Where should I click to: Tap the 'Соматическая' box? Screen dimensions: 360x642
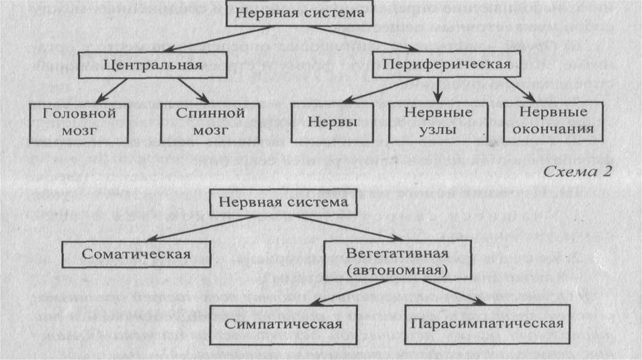click(x=136, y=254)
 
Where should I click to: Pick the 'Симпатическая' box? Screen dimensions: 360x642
click(x=283, y=324)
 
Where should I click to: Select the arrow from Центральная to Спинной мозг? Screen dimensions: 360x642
click(x=191, y=90)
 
